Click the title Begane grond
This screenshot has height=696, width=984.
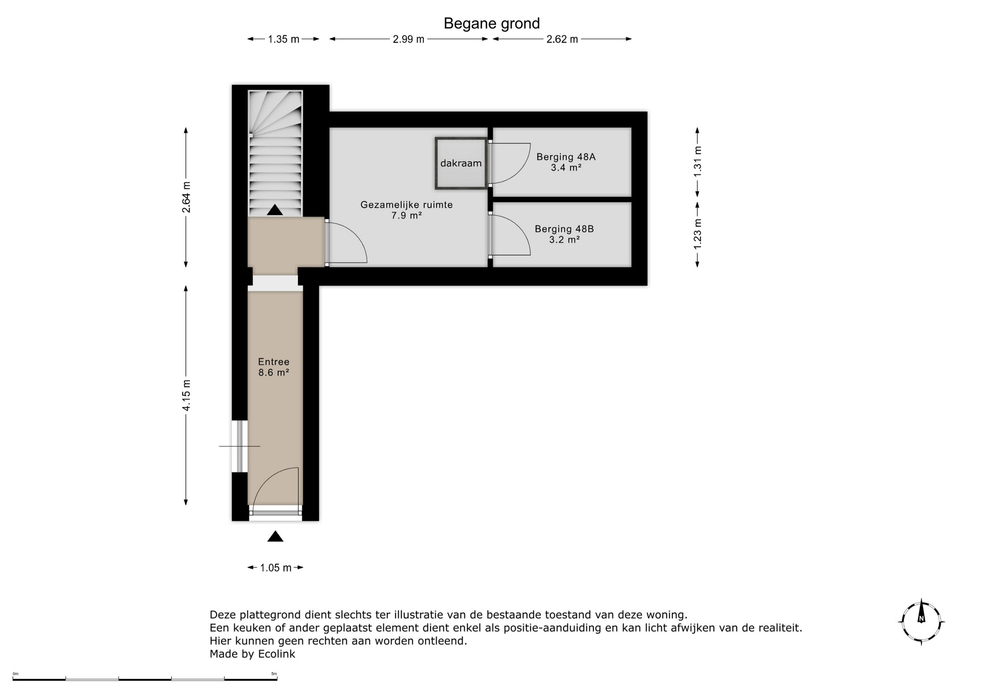tap(491, 24)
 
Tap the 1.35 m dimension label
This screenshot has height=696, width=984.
tap(283, 39)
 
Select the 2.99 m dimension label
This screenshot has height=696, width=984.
tap(408, 39)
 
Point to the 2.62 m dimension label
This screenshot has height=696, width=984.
tap(562, 39)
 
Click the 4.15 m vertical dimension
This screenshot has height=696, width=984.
tap(186, 395)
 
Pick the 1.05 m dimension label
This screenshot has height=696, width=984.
tap(276, 568)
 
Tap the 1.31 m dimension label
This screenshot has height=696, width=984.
tap(698, 161)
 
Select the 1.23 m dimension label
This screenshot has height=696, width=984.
tap(698, 234)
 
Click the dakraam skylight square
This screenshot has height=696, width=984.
tap(461, 163)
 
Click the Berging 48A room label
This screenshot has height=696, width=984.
tap(566, 162)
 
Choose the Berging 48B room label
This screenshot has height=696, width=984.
tap(564, 234)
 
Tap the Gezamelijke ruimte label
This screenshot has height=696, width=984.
tap(406, 210)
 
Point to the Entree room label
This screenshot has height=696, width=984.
tap(274, 367)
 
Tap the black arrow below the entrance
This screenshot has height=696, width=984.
tap(275, 537)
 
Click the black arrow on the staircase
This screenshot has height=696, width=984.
tap(275, 210)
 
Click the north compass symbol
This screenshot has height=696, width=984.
tap(921, 621)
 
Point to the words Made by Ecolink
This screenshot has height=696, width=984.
tap(252, 654)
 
